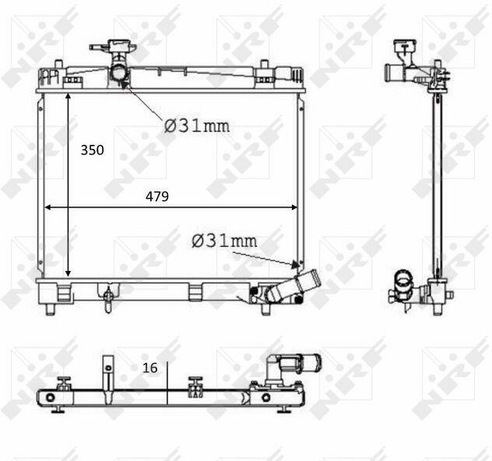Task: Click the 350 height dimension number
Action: pos(92,150)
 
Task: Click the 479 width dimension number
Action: pos(157,196)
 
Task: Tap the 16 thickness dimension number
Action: pos(150,368)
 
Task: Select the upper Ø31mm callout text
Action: pos(197,126)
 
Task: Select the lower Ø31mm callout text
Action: pos(224,241)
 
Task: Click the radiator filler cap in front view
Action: pos(119,44)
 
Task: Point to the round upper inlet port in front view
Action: pos(119,73)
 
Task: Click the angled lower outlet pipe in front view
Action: pos(293,286)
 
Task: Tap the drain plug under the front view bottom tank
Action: pos(108,300)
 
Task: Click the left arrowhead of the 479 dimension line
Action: pos(47,207)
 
